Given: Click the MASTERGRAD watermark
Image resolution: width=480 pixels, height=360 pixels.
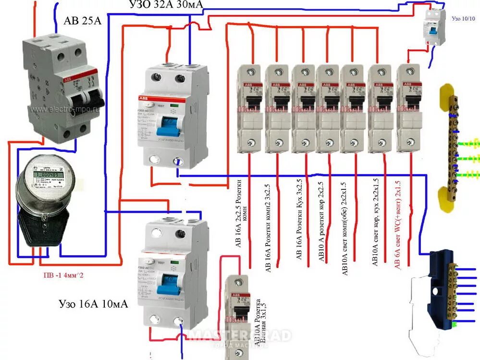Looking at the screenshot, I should point(240,336).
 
